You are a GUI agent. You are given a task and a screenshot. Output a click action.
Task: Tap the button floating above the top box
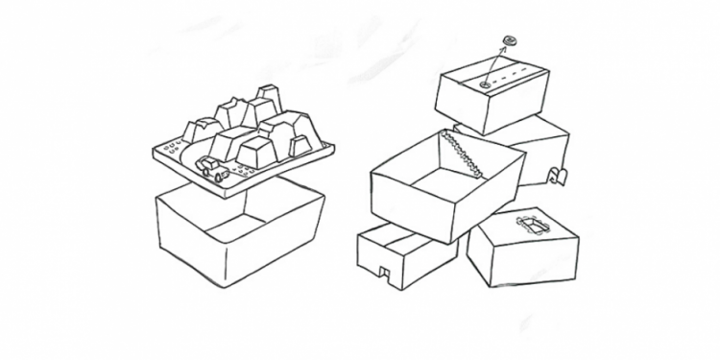coord(509,41)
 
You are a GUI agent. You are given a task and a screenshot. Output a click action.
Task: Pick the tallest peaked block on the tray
coord(266,105)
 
